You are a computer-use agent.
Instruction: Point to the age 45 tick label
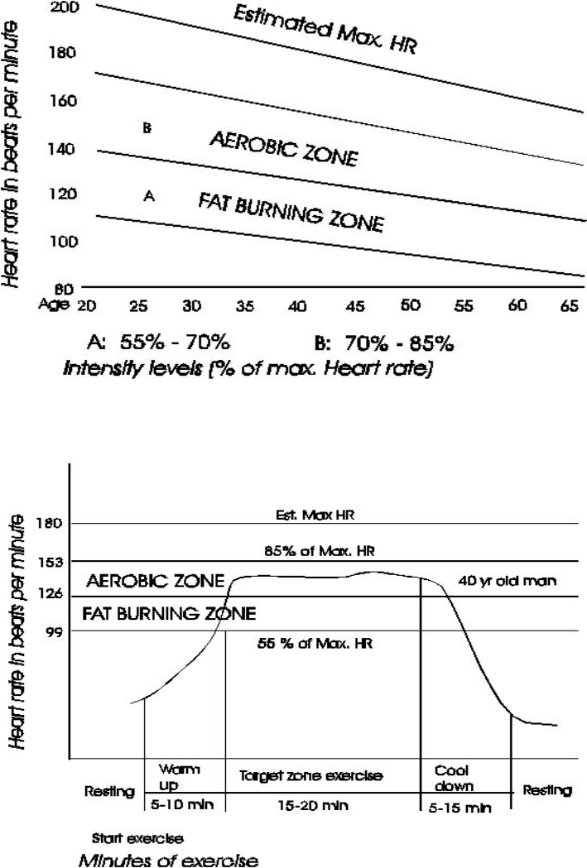click(354, 305)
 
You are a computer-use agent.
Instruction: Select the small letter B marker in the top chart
click(146, 129)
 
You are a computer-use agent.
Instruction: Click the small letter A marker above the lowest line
click(149, 196)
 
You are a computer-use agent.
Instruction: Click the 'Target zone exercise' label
click(311, 778)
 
